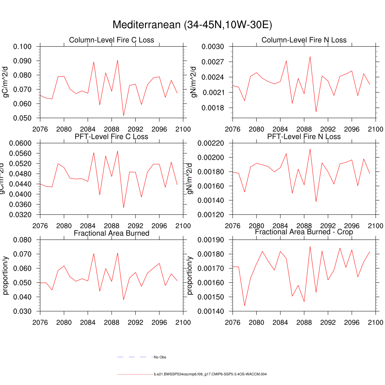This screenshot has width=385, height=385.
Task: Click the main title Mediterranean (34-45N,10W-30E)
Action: [x=192, y=25]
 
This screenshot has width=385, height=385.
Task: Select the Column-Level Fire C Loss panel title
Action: [x=111, y=40]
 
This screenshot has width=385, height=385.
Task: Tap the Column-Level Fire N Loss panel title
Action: [x=304, y=40]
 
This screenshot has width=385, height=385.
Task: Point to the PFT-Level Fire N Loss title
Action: [x=304, y=136]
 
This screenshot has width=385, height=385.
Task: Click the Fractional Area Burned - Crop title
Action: [x=304, y=232]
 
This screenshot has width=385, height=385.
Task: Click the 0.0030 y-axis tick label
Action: [x=213, y=47]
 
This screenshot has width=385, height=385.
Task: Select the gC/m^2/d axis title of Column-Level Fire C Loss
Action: [x=6, y=82]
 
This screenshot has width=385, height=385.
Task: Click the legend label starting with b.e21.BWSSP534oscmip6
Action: [x=210, y=374]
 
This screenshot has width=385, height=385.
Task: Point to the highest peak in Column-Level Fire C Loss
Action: [x=117, y=60]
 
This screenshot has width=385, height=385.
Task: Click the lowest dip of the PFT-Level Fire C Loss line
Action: [x=123, y=208]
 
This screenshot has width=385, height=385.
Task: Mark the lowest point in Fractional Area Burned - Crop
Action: [x=244, y=306]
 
